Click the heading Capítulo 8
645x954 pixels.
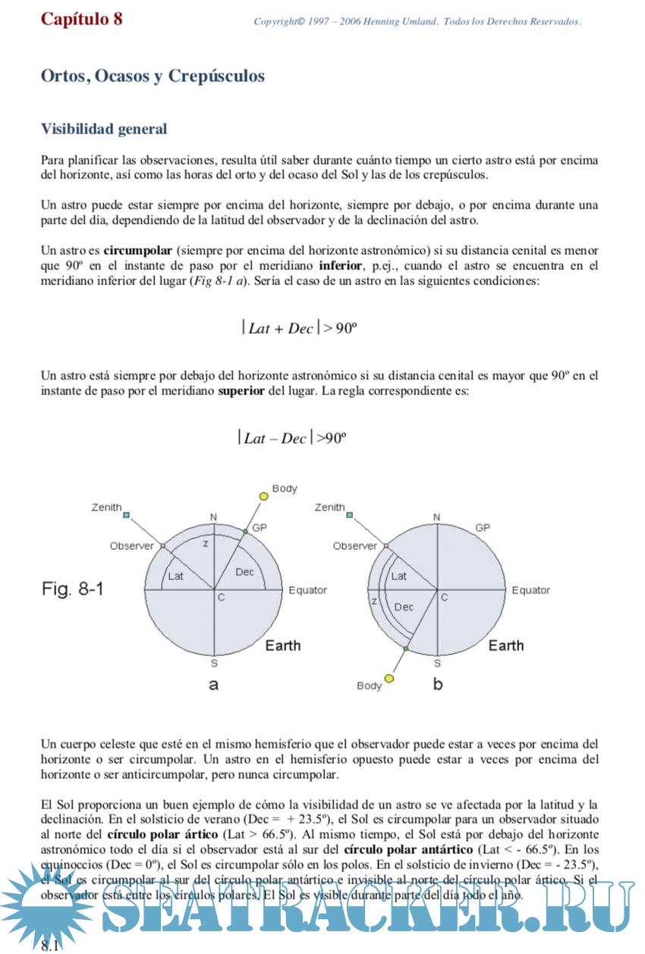point(81,19)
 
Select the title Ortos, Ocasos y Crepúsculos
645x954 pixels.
point(153,77)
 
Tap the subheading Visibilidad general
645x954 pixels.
point(104,129)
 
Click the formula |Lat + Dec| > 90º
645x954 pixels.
point(299,328)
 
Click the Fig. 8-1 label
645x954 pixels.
point(72,589)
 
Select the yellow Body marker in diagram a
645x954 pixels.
point(263,496)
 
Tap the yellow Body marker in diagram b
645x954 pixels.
point(389,678)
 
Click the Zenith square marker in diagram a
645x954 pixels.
point(127,515)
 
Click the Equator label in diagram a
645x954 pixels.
point(307,590)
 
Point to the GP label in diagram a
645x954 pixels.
point(259,527)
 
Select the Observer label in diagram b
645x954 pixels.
point(354,546)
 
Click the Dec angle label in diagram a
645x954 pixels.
point(244,572)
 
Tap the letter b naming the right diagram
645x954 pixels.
point(438,684)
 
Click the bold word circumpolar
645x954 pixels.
point(138,251)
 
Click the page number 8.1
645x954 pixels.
point(50,945)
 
